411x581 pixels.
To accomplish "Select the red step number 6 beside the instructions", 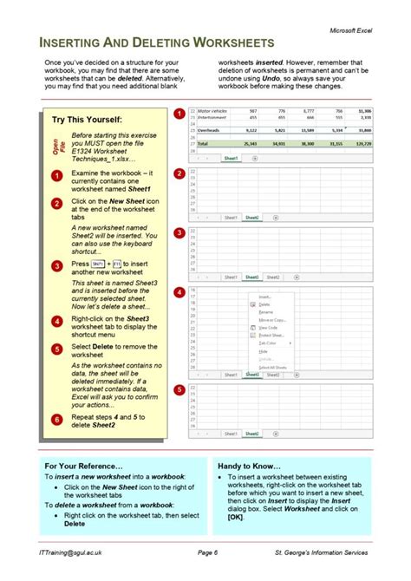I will (55, 420).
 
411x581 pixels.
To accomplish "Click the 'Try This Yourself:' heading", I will (87, 120).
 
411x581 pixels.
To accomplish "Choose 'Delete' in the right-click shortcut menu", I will (264, 304).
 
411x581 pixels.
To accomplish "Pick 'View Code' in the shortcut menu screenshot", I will (268, 328).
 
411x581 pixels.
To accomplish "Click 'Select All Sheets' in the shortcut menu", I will (272, 368).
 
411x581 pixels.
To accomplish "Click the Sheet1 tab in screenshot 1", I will (231, 160).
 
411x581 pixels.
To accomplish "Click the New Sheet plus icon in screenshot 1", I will (254, 160).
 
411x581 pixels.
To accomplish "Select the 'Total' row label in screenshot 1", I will (204, 143).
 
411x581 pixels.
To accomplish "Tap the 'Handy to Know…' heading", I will (250, 466).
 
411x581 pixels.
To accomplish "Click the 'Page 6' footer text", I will (208, 552).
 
